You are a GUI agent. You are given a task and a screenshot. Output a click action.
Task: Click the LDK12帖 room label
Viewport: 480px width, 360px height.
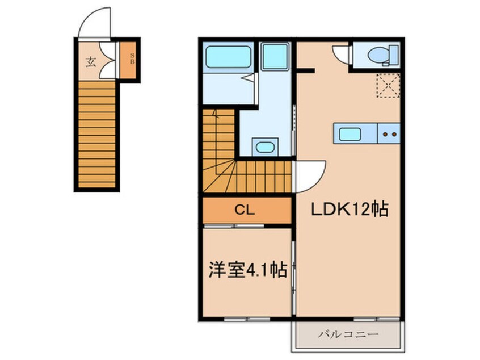(x=350, y=210)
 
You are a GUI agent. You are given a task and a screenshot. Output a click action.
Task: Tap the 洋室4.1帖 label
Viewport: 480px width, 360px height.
(x=247, y=270)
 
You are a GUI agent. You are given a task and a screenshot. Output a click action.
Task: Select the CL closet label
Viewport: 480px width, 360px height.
(x=245, y=210)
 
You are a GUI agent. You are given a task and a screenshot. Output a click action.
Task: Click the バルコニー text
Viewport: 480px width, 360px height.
(x=348, y=334)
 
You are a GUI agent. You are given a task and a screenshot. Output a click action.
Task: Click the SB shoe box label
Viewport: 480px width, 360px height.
(x=133, y=58)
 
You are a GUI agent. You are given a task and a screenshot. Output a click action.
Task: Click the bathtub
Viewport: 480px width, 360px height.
(x=228, y=57)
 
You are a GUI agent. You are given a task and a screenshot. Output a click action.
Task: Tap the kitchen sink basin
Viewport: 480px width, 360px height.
(x=350, y=134)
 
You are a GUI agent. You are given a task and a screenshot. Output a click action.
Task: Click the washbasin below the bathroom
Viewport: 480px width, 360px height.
(x=265, y=147)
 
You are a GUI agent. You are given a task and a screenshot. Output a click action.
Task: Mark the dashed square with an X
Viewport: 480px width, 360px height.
(x=388, y=86)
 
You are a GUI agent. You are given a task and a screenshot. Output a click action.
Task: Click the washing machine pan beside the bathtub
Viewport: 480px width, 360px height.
(x=275, y=57)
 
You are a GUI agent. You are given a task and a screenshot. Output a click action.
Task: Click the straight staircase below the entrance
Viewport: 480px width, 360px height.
(x=96, y=134)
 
